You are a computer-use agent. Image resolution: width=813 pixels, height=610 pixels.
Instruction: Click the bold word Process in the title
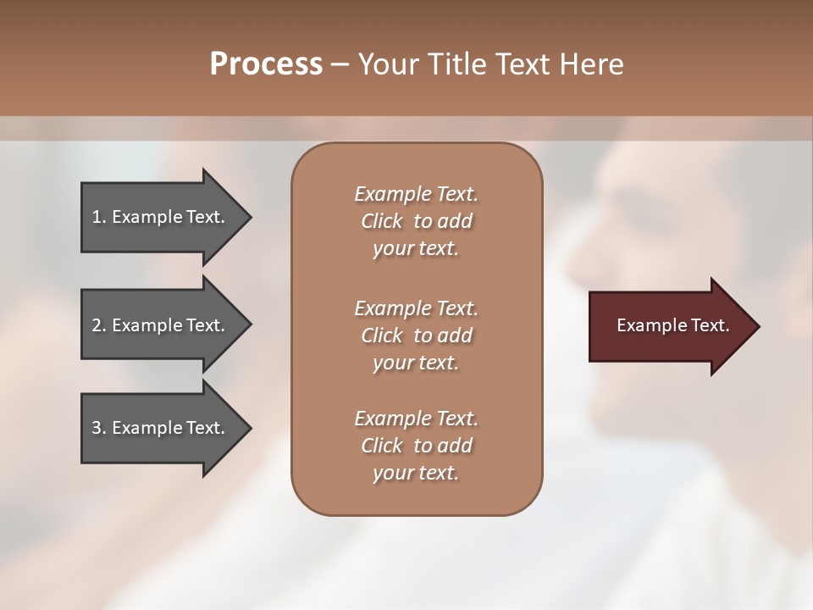pos(266,64)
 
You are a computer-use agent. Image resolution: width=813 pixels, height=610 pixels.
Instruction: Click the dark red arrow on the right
pos(669,325)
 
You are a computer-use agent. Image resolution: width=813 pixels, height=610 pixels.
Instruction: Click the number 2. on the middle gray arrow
pos(99,325)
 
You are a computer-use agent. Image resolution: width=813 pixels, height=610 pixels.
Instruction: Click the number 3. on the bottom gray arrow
pos(99,428)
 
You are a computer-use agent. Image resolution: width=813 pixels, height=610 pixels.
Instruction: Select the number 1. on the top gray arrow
pos(98,217)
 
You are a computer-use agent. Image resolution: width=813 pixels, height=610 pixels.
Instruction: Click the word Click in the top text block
pos(381,221)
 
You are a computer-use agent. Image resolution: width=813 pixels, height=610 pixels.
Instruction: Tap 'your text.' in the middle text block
pos(415,363)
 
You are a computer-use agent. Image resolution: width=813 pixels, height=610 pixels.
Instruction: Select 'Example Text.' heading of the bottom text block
pos(416,419)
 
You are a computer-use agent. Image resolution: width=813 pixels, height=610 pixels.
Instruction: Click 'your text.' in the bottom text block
pos(415,473)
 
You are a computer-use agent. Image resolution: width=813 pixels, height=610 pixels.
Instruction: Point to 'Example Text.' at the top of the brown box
pos(416,194)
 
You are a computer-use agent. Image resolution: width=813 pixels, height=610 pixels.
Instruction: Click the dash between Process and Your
pos(340,64)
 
